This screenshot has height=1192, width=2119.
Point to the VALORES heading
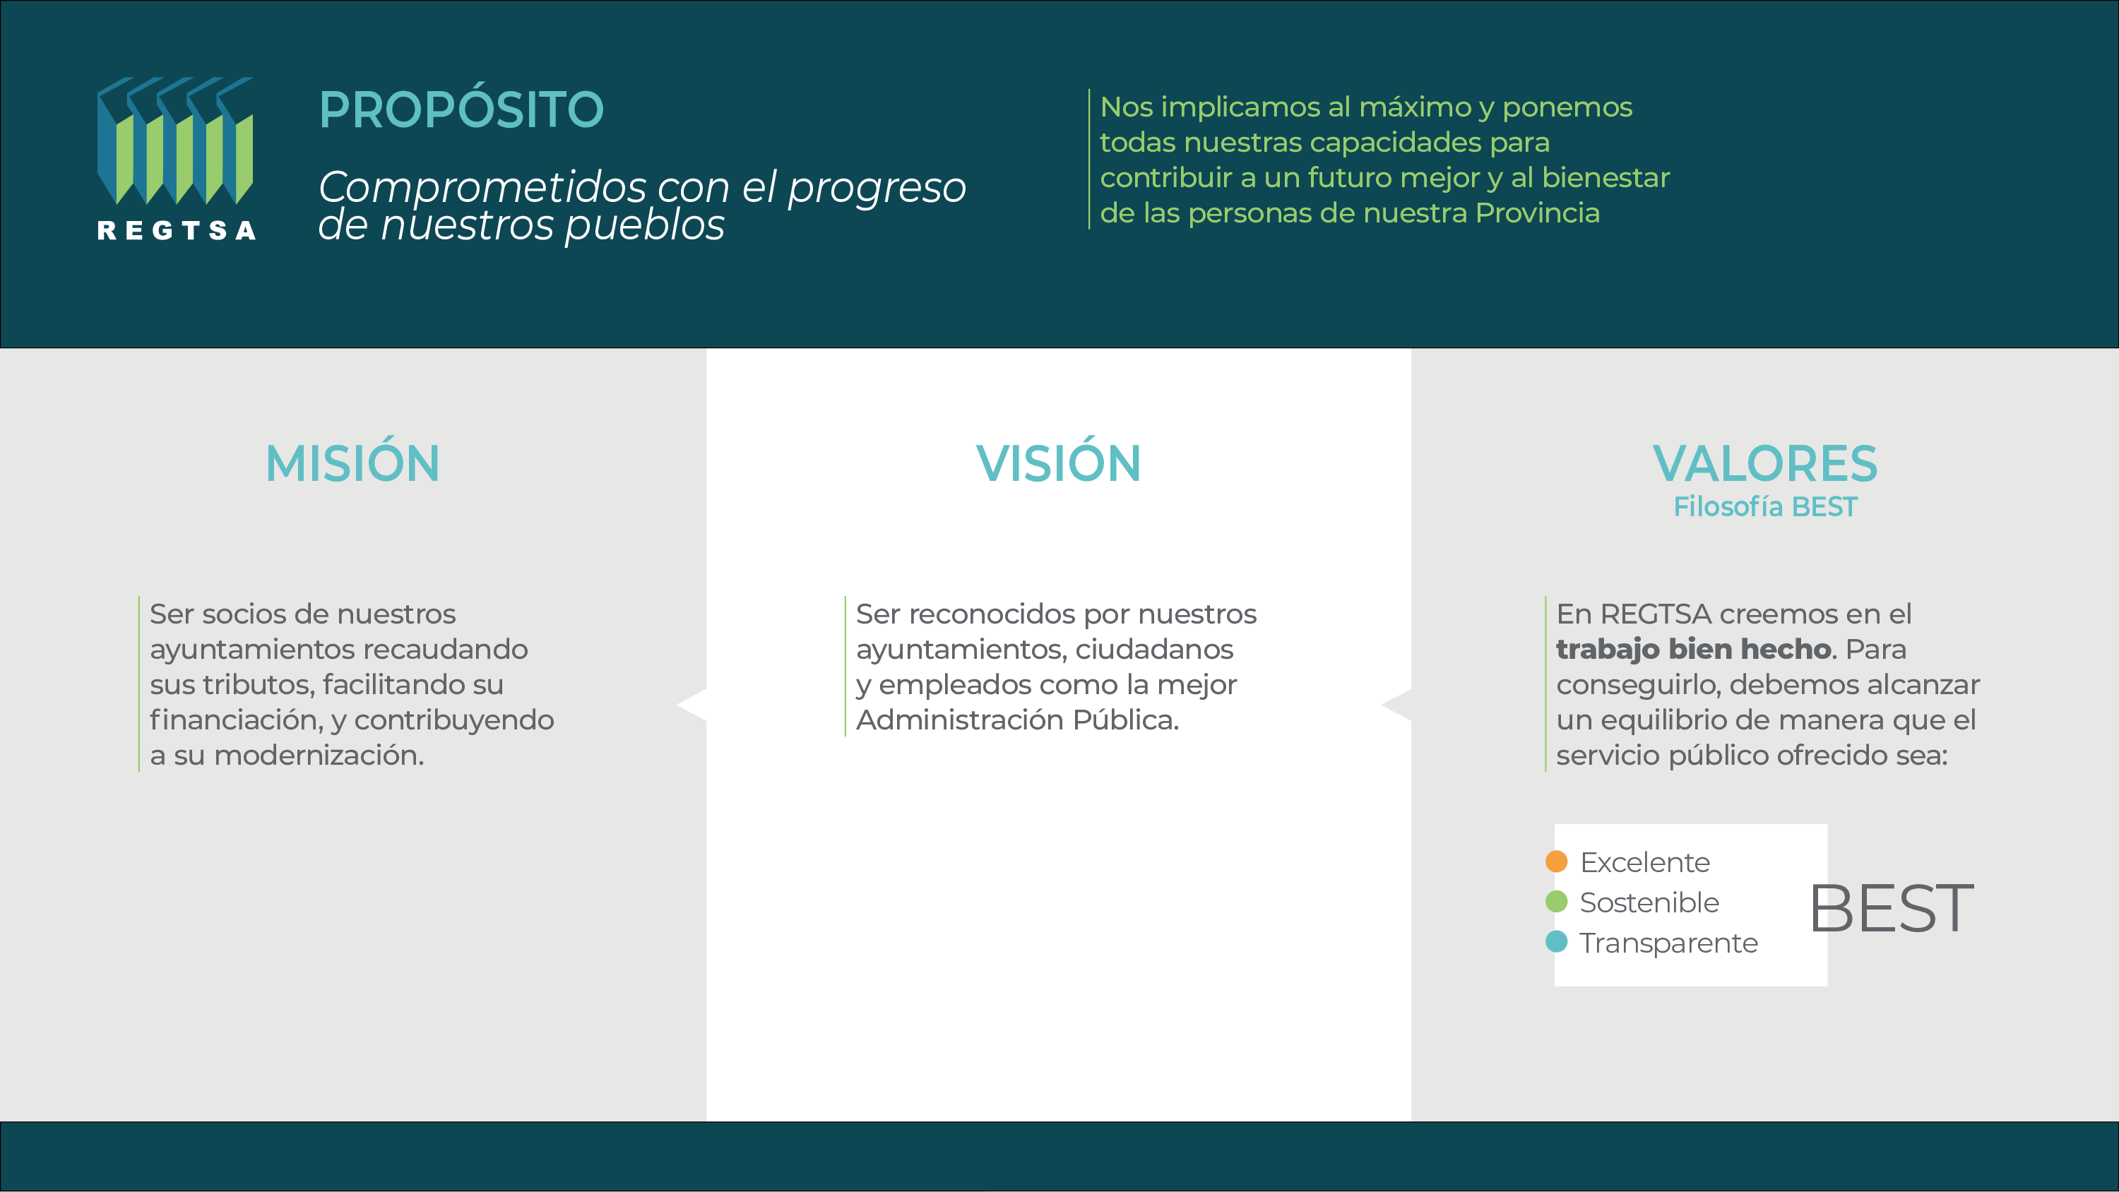[x=1765, y=463]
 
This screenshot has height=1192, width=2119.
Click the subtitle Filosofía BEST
[x=1765, y=507]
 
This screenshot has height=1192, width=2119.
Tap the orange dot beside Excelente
[x=1556, y=862]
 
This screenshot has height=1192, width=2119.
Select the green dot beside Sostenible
[x=1556, y=902]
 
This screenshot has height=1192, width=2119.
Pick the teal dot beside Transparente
[x=1556, y=941]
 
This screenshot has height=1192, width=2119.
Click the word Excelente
[x=1645, y=862]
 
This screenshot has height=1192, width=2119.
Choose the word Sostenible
[x=1649, y=902]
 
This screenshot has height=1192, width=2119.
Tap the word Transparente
[x=1668, y=943]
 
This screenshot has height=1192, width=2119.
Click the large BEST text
[x=1891, y=908]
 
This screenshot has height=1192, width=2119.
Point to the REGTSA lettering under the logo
[x=176, y=230]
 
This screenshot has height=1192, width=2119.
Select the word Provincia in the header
[x=1538, y=213]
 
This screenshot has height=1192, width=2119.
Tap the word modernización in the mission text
[x=319, y=755]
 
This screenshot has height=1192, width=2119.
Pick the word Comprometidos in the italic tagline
[x=483, y=188]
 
